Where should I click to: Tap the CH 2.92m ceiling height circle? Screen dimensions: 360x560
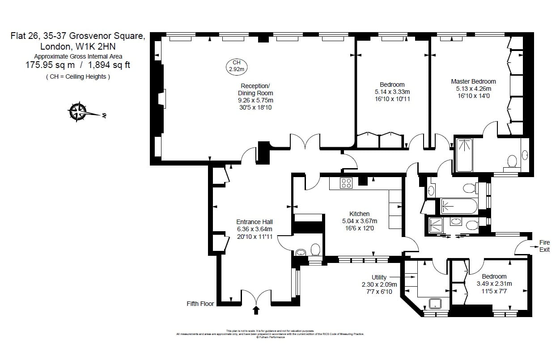[236, 66]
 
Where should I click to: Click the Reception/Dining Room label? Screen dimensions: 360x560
[255, 89]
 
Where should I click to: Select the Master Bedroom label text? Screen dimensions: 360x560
[473, 81]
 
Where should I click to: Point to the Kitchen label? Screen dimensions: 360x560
[359, 214]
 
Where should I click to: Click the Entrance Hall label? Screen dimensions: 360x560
[254, 222]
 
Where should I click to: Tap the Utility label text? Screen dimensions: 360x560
[379, 277]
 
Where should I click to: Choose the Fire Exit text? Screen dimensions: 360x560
[544, 246]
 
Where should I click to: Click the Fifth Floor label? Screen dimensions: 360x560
[200, 304]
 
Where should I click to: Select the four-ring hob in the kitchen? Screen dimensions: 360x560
[346, 183]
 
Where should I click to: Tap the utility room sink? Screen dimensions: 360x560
[435, 304]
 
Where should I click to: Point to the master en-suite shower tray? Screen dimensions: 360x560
[464, 155]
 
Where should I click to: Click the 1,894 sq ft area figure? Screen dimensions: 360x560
[109, 65]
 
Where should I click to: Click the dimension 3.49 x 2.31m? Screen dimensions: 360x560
[494, 284]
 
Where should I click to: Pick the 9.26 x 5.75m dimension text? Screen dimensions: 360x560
[255, 100]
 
